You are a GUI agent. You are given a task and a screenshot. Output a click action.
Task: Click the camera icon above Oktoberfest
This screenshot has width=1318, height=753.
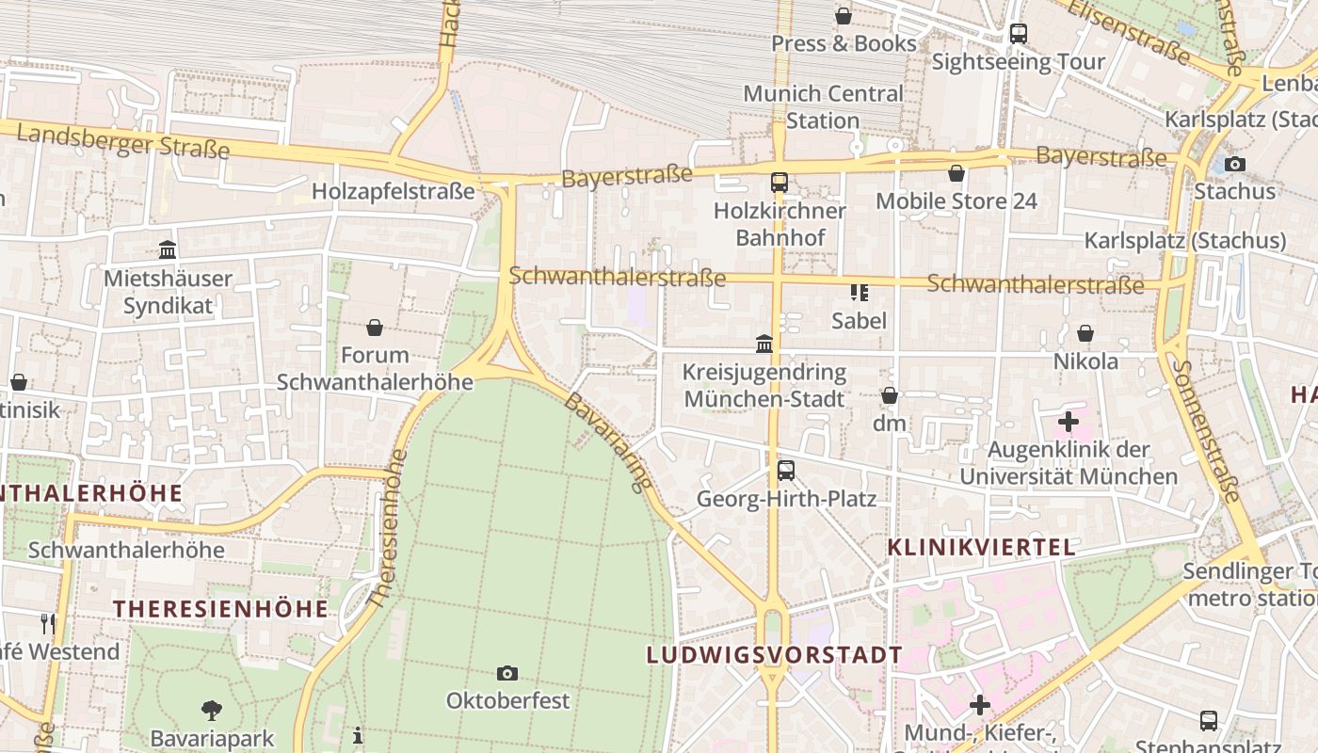click(x=507, y=673)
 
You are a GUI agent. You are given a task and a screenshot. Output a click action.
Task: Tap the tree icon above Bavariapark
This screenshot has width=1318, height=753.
click(x=212, y=710)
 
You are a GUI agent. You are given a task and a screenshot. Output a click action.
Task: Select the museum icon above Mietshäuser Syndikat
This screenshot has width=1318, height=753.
click(x=168, y=249)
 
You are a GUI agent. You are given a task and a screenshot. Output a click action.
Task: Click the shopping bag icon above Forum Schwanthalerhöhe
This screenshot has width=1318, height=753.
click(x=375, y=328)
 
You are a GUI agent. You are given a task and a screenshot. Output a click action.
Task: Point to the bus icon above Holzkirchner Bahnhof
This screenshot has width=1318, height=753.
click(x=780, y=183)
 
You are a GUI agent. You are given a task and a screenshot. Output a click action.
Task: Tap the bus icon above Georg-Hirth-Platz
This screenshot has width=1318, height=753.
click(x=786, y=470)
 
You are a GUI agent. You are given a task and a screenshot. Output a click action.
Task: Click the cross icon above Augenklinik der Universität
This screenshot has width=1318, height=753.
click(x=1069, y=421)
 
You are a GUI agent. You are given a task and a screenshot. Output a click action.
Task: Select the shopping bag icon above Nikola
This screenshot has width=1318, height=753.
click(x=1085, y=333)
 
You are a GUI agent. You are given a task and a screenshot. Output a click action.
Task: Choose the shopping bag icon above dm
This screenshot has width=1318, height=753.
click(x=890, y=395)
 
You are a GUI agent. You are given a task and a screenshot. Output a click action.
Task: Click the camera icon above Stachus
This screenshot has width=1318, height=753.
click(x=1235, y=164)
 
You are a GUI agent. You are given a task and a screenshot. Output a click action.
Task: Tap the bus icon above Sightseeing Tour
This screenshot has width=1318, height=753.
click(x=1018, y=34)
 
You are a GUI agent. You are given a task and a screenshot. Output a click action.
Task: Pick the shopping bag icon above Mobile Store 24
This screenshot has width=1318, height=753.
click(x=956, y=173)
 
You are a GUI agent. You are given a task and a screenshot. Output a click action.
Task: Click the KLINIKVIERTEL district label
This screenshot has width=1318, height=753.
click(x=981, y=547)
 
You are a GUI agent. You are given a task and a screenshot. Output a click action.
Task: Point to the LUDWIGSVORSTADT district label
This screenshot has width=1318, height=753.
click(x=774, y=654)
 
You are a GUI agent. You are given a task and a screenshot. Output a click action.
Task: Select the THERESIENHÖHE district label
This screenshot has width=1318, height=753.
click(x=221, y=609)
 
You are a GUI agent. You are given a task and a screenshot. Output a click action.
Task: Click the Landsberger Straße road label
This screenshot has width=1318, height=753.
click(x=123, y=141)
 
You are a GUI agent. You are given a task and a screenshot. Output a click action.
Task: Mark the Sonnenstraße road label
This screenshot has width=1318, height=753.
click(x=1209, y=429)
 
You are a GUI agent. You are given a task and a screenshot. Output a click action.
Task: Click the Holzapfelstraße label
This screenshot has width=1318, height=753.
click(x=394, y=191)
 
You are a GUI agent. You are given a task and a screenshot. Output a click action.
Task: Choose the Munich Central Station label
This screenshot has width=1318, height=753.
click(x=823, y=106)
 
